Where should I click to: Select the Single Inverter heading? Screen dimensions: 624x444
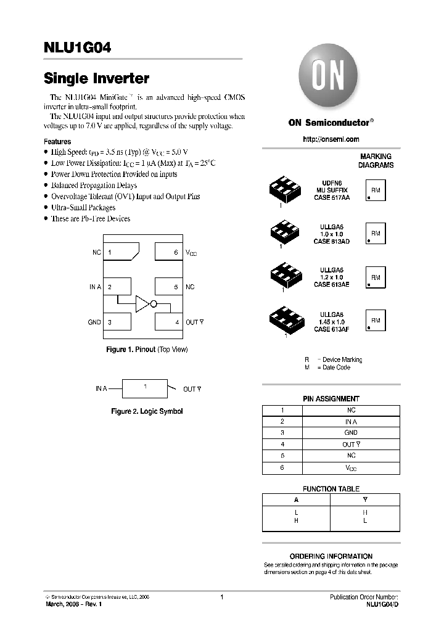(x=96, y=79)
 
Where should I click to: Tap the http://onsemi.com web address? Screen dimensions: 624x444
(x=331, y=139)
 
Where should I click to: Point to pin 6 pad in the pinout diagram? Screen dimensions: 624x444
(x=168, y=252)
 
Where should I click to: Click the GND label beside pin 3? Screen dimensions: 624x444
(x=94, y=322)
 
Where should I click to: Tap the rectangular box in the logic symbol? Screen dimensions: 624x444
(x=145, y=388)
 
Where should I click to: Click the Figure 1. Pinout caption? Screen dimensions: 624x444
(x=147, y=350)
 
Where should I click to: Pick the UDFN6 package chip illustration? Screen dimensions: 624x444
(x=285, y=191)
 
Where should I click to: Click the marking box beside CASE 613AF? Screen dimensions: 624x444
(x=376, y=321)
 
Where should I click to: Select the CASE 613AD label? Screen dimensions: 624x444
(x=331, y=241)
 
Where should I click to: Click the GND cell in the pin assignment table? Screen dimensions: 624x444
(x=350, y=433)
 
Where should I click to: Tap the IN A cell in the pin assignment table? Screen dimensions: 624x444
(x=350, y=422)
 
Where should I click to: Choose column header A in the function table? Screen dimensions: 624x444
(x=297, y=500)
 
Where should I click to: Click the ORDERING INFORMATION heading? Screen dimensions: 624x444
(x=331, y=556)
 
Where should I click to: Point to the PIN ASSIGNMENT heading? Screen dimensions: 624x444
(x=331, y=399)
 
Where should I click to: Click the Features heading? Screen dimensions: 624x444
(x=57, y=141)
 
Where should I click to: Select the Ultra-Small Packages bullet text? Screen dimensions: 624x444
(x=83, y=208)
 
